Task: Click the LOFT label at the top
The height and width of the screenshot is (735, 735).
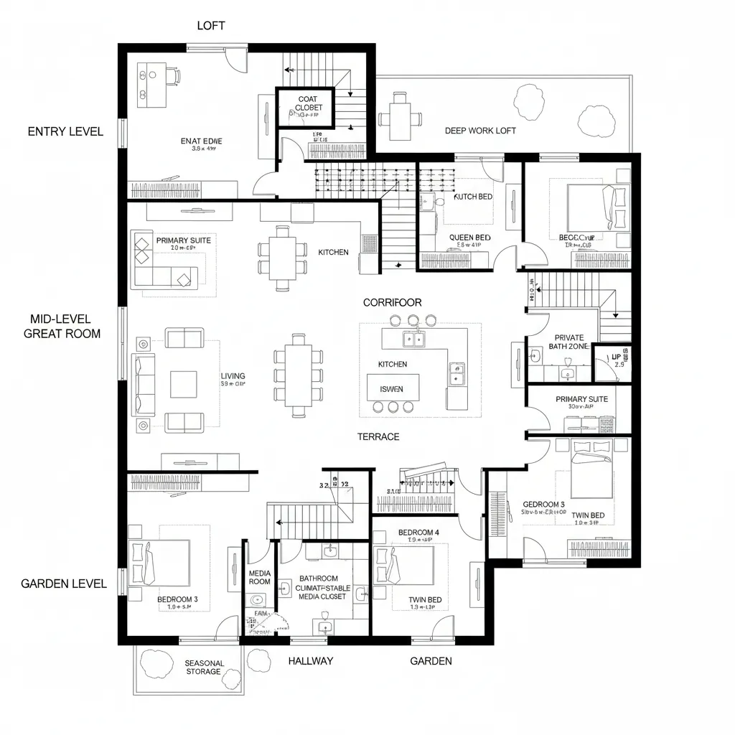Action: (x=211, y=26)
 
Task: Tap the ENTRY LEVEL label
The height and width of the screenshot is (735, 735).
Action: (x=65, y=131)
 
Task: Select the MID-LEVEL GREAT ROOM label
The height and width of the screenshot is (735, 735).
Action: (x=62, y=326)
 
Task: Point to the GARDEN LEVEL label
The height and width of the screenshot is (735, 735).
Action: (x=64, y=584)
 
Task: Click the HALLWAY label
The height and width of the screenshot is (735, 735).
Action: (x=310, y=660)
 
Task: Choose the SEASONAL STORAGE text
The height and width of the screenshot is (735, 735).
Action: (x=204, y=668)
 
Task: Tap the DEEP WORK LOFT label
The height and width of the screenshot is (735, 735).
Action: (x=480, y=131)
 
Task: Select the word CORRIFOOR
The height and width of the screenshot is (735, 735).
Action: (x=392, y=303)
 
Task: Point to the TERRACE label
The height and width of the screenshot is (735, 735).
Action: (x=378, y=436)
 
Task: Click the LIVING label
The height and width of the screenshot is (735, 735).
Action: (x=233, y=376)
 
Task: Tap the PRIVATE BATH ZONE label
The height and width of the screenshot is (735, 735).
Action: (x=569, y=342)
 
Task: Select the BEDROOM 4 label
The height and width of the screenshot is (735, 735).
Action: (x=418, y=533)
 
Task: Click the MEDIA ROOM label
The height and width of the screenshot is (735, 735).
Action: (x=259, y=578)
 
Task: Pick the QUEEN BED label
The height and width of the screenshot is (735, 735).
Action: (x=469, y=238)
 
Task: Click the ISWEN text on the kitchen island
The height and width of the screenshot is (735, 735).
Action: (x=391, y=389)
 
